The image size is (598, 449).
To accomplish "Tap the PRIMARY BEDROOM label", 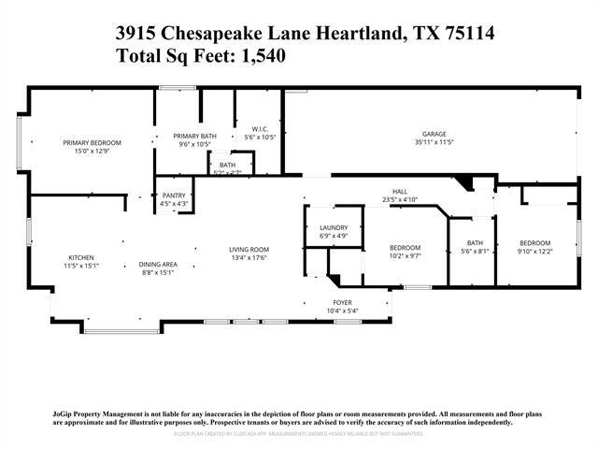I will point(93,142).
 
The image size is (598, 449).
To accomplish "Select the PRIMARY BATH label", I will point(194,137).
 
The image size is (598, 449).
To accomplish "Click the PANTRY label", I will point(175,196).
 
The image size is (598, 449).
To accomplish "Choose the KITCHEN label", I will point(80,258).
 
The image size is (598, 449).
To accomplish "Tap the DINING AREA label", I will point(159,265).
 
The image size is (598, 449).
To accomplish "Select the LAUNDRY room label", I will point(334,228).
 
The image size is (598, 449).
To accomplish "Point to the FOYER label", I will point(343,303).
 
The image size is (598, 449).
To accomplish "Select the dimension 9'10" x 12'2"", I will point(534,250).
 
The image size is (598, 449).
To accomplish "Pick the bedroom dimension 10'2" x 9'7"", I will point(405,255).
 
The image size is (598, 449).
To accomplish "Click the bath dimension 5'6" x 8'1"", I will point(475,251).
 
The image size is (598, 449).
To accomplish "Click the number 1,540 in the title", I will point(261,55).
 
